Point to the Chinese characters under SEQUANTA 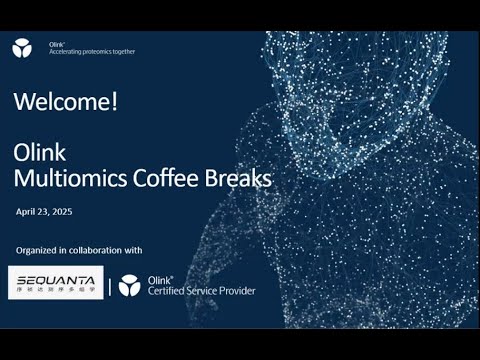click(x=55, y=291)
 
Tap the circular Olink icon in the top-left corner click(x=22, y=46)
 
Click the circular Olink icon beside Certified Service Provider click(x=130, y=285)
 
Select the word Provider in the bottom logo click(x=234, y=291)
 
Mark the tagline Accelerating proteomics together click(x=92, y=51)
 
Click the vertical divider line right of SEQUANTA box click(x=110, y=285)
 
